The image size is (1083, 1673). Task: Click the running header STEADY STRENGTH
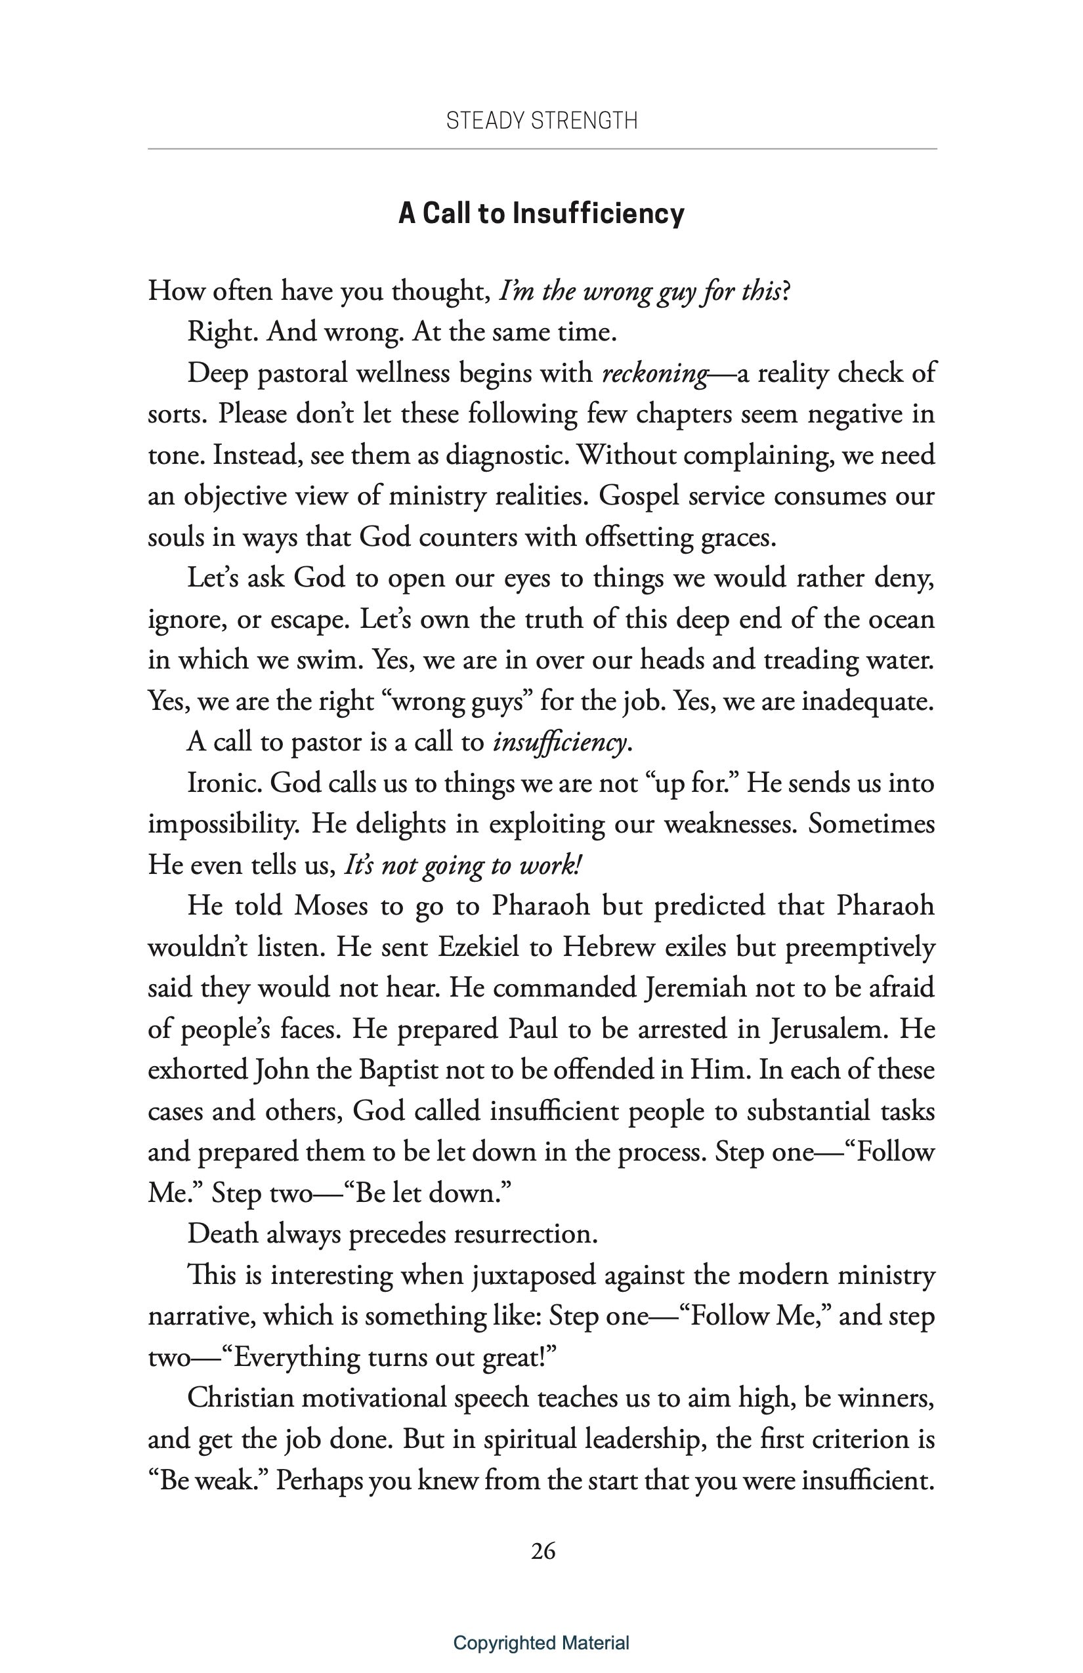pos(541,121)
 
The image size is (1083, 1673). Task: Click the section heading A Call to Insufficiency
pos(541,214)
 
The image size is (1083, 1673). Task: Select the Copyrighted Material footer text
pos(541,1643)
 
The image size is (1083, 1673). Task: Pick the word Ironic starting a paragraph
pos(224,783)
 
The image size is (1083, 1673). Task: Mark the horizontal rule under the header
pos(541,149)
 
